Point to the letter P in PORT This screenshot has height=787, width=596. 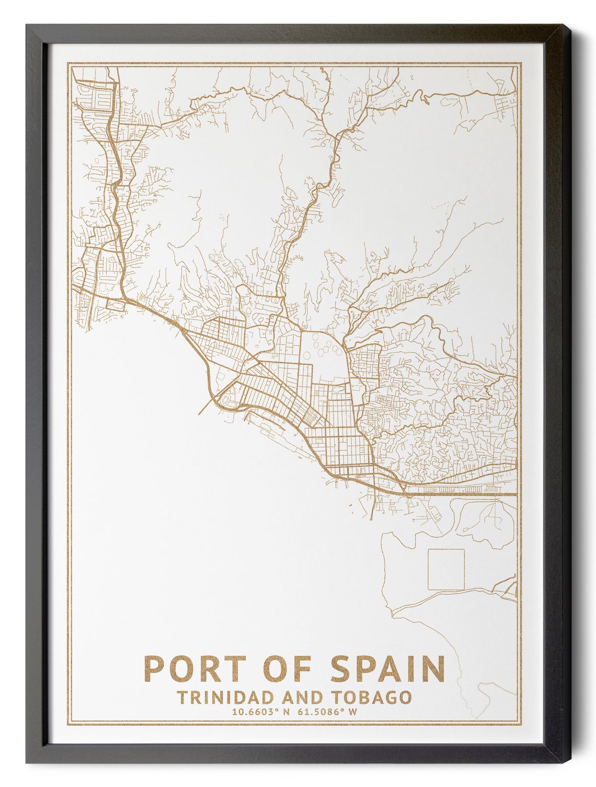(x=155, y=668)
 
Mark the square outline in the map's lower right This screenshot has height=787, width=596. (x=446, y=570)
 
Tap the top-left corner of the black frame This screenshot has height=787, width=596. (x=27, y=26)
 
